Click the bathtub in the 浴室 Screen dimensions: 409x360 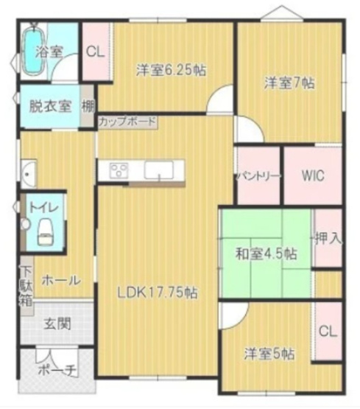[33, 52]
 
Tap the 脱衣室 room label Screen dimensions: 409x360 [49, 105]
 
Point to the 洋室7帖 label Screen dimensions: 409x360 [290, 83]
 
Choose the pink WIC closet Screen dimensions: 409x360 [312, 176]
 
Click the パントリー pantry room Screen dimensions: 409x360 [257, 177]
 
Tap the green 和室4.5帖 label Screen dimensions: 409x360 [266, 254]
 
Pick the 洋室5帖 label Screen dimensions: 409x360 [269, 354]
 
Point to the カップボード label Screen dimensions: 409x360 [127, 121]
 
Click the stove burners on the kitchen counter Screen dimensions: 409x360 [119, 170]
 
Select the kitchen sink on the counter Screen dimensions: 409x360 [158, 170]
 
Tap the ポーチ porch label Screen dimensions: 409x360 [56, 371]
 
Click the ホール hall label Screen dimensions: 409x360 [60, 281]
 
